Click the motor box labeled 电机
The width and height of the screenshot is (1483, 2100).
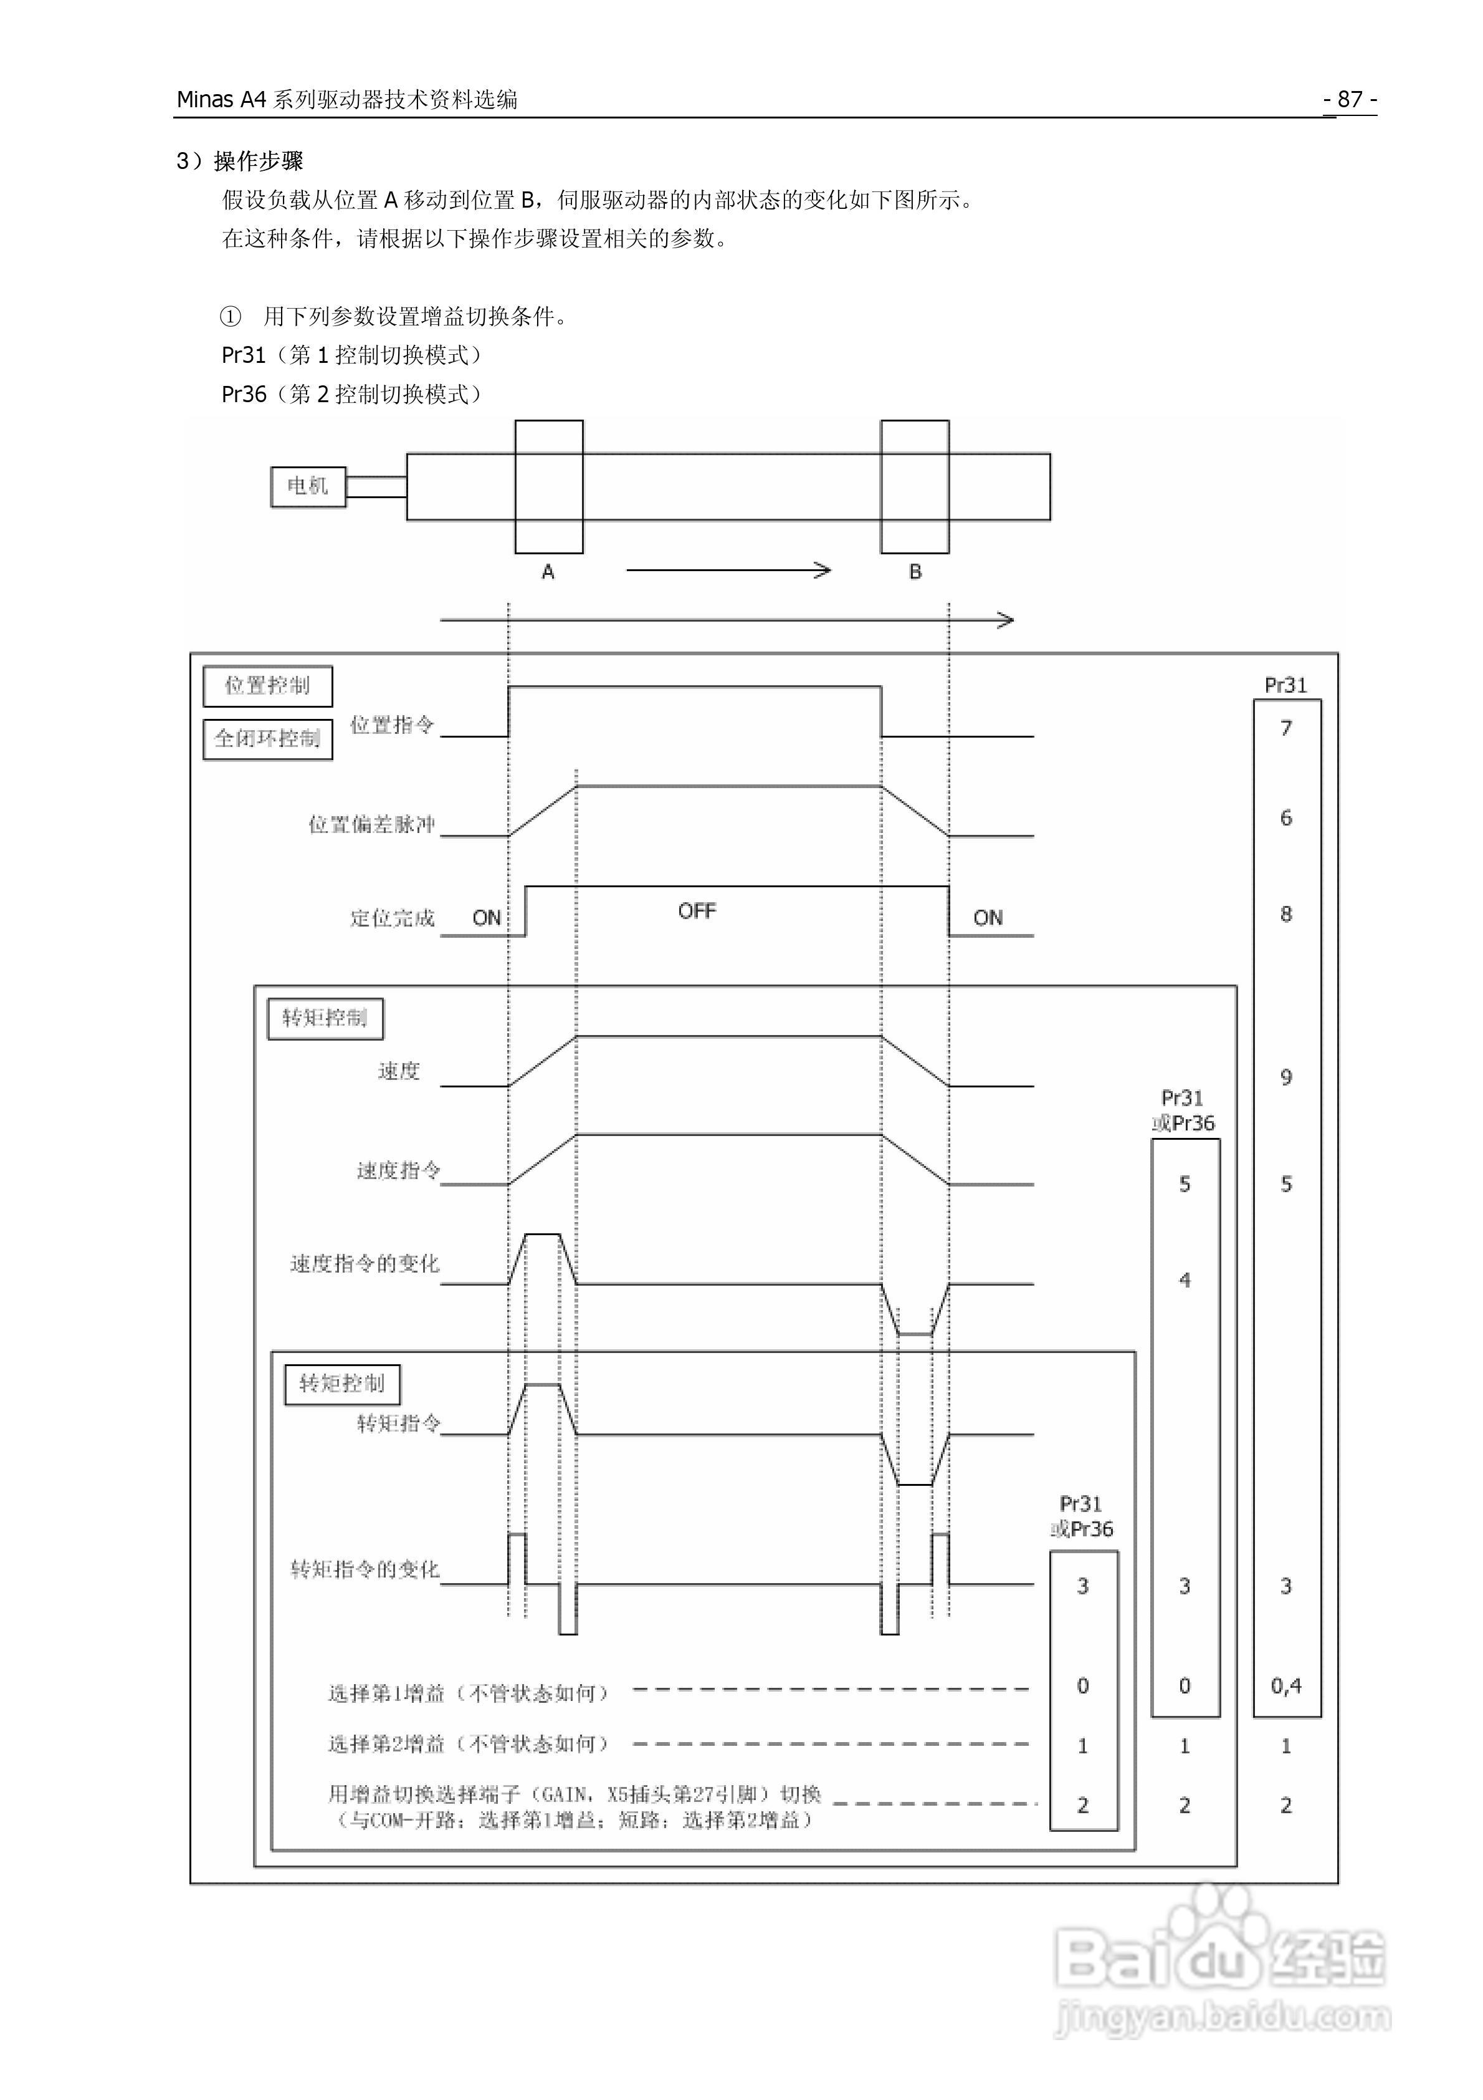(307, 486)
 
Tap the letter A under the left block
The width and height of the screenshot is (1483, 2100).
(548, 572)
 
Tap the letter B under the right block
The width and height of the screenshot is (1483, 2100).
(915, 572)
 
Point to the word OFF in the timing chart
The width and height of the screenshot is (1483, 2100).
(697, 911)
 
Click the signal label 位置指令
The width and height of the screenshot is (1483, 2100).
(391, 725)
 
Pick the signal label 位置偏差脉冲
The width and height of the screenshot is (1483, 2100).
(371, 825)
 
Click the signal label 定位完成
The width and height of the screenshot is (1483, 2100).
(392, 918)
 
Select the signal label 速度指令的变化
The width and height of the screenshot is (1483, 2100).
(365, 1264)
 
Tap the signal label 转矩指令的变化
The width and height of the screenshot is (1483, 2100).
(365, 1569)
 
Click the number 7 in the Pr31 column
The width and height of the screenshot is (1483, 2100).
(1285, 728)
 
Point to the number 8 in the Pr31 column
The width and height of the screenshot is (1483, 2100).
(1285, 913)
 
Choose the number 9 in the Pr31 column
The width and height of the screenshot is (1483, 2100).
(1285, 1077)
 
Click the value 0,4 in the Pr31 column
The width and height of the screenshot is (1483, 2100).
(1285, 1685)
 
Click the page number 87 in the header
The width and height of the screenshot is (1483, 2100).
(1350, 99)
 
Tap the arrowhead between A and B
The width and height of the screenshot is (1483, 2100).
(823, 571)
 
